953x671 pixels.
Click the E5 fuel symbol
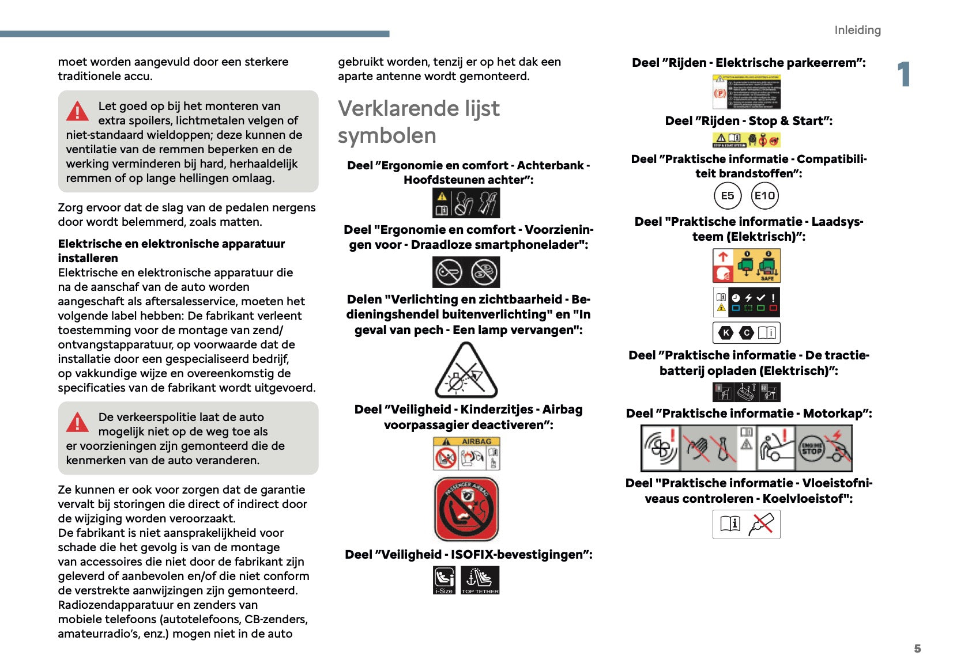727,196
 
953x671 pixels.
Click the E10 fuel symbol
765,196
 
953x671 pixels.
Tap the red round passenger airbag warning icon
466,509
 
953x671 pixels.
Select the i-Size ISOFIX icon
444,579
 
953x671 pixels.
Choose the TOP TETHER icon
480,579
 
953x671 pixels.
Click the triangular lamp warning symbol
466,371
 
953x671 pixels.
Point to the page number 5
917,649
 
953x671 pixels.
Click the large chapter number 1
903,75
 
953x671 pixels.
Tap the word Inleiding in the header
857,30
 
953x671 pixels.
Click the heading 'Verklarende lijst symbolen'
419,122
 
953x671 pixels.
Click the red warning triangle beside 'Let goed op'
77,111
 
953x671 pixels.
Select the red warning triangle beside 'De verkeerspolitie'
77,422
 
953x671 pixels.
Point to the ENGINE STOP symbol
811,449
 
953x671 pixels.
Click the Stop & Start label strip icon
746,140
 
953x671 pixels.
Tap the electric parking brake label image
746,92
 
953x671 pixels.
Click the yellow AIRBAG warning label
466,453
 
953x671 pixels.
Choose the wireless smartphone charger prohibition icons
466,272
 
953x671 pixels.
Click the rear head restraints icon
466,203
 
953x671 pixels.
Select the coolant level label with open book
746,524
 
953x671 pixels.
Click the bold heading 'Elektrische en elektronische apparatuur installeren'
171,251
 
